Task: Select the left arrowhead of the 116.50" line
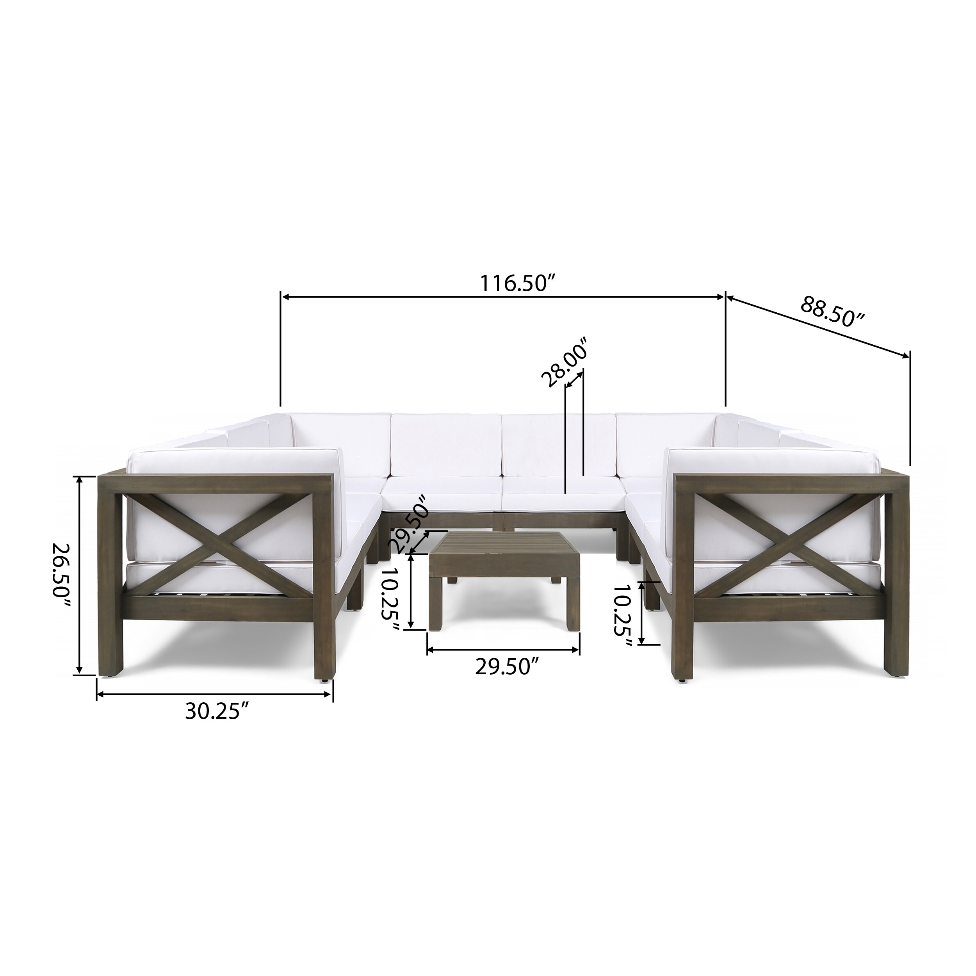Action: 285,297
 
